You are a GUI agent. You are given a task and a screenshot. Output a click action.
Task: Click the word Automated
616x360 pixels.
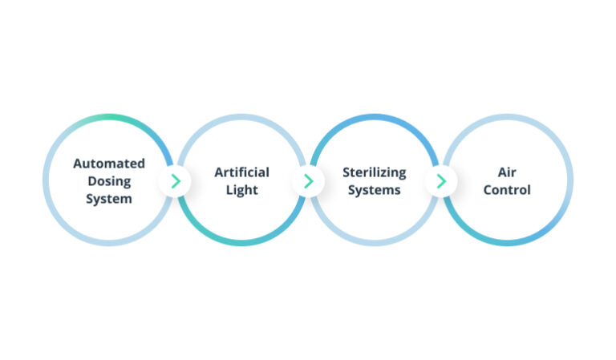click(109, 163)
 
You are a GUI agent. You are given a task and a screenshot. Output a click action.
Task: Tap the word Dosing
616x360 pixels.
click(109, 180)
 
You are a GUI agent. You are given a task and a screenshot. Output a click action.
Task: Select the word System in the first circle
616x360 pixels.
click(109, 198)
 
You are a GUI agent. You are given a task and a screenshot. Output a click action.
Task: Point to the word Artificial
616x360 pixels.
click(241, 172)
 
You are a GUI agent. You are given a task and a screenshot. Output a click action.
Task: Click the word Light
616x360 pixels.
click(241, 189)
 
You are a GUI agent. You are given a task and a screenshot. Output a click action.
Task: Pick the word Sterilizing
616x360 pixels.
click(374, 172)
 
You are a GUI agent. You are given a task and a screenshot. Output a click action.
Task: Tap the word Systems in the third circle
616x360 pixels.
click(374, 189)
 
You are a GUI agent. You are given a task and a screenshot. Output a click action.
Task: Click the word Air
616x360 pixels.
click(507, 172)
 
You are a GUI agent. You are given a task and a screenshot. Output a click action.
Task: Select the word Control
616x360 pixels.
click(507, 190)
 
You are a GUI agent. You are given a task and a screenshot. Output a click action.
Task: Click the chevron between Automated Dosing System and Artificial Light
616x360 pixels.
click(176, 181)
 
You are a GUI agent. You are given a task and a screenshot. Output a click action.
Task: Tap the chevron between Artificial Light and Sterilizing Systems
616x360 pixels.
click(309, 181)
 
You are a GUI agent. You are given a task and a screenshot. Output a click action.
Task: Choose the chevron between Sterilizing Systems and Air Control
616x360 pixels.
click(441, 181)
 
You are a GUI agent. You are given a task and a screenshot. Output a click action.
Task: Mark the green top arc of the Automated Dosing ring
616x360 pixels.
click(112, 117)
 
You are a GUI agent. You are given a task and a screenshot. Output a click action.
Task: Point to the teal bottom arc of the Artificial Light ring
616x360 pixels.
click(241, 242)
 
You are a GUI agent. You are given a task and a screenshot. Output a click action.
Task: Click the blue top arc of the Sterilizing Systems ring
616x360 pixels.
click(375, 117)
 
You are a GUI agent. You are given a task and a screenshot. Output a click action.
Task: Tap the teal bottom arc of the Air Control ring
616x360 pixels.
click(507, 242)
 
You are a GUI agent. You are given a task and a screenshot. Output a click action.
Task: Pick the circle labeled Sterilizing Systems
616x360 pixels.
click(375, 216)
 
